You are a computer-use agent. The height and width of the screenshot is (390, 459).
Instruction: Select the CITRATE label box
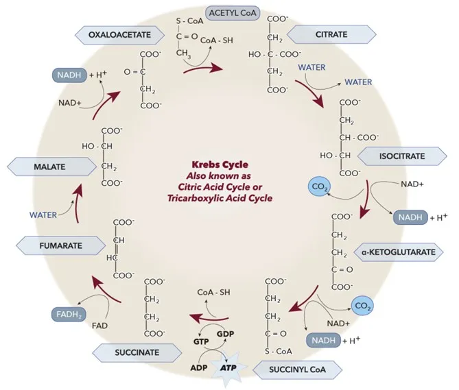click(331, 34)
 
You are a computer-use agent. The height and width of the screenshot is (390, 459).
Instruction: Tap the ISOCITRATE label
click(401, 156)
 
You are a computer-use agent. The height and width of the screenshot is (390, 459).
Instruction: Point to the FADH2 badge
click(67, 315)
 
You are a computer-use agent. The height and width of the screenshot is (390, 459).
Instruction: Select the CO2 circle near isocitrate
click(318, 187)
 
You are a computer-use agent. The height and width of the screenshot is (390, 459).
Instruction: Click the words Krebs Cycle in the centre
click(220, 164)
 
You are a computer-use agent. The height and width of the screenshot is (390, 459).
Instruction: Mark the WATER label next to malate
click(43, 215)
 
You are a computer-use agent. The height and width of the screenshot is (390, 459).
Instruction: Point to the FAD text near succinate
click(99, 326)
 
